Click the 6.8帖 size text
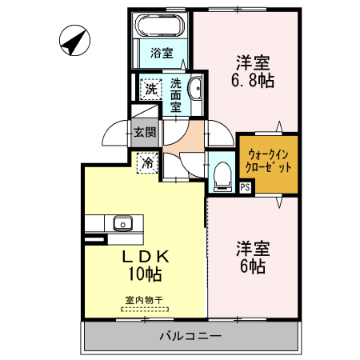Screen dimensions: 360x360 click(x=254, y=80)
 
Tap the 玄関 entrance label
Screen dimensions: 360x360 click(x=144, y=132)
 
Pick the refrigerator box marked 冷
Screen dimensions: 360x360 click(x=148, y=162)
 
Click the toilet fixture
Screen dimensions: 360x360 click(x=222, y=175)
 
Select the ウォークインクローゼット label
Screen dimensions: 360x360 click(x=269, y=162)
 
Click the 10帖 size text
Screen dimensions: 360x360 click(x=146, y=275)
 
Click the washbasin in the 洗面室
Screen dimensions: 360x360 click(x=197, y=90)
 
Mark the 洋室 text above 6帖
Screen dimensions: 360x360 click(x=251, y=248)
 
